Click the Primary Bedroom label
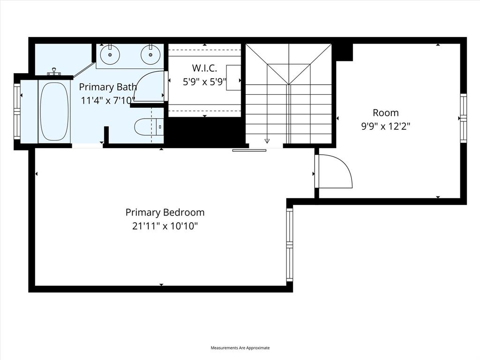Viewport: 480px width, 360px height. pos(165,212)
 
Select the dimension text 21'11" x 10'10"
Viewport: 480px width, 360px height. pos(165,226)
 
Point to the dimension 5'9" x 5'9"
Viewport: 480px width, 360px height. pos(204,82)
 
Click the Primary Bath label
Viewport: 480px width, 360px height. pos(108,87)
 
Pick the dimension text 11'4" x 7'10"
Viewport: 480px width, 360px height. pos(108,99)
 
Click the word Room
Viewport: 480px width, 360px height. pos(386,112)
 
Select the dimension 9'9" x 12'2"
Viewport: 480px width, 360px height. pos(386,126)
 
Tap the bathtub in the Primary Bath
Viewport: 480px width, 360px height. pos(54,112)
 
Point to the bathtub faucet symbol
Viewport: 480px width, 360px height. pos(54,72)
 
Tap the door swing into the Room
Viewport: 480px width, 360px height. pos(335,172)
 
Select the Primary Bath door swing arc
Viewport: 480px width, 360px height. pos(150,87)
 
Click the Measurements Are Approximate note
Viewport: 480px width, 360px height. pos(240,348)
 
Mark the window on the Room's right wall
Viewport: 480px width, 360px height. pos(463,118)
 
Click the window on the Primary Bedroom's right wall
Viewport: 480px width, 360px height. pos(289,245)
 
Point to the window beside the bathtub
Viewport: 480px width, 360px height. pos(17,112)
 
